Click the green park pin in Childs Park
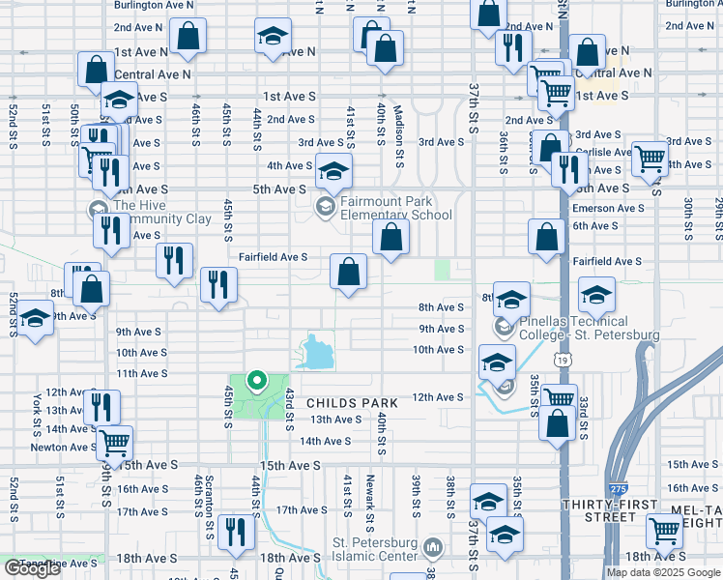256,380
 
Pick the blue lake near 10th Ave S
318,353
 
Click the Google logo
32,568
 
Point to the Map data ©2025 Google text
663,571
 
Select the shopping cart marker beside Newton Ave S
115,444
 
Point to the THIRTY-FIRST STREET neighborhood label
613,510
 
